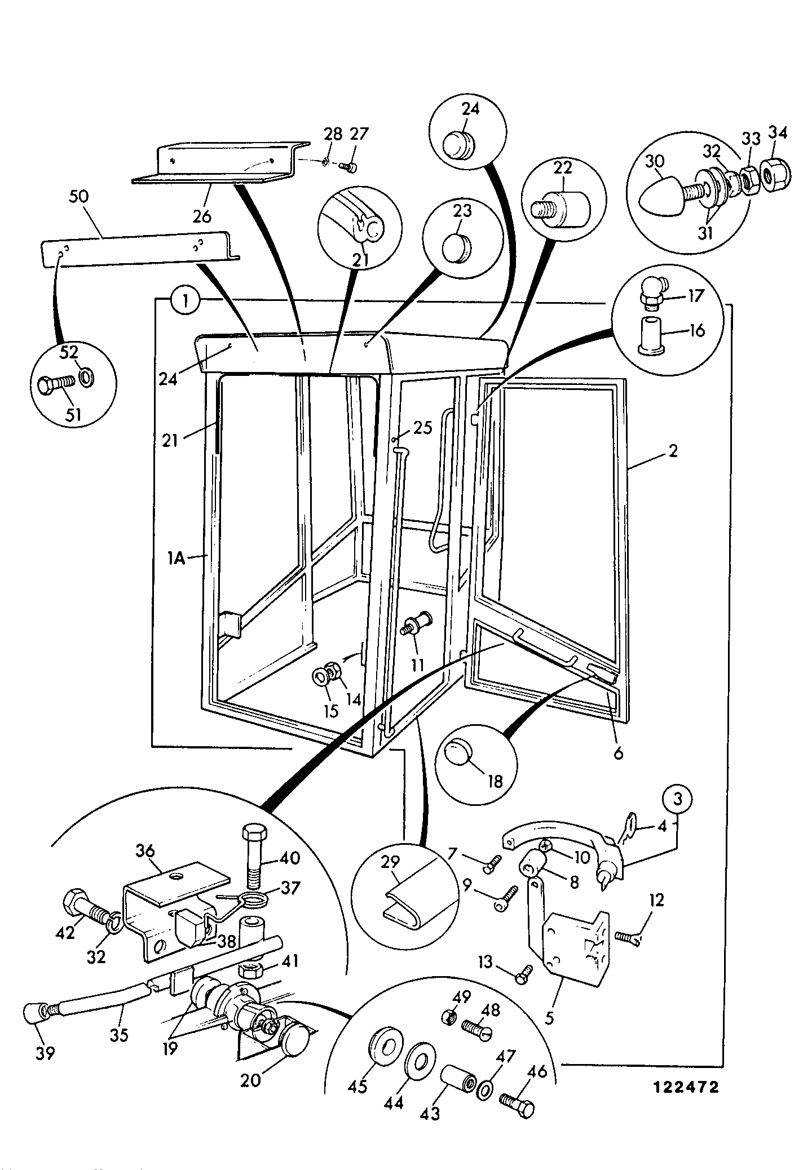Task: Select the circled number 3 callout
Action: (678, 799)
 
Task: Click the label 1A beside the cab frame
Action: (178, 560)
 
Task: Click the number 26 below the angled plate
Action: (202, 215)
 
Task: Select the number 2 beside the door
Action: (673, 451)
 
